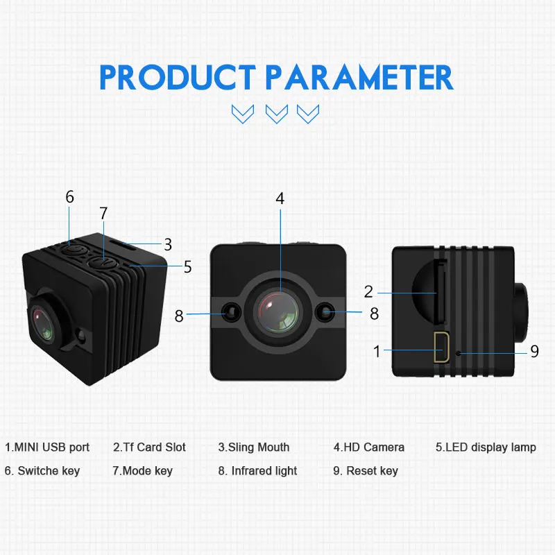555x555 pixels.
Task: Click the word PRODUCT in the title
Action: [x=178, y=78]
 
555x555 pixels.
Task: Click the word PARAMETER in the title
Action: [x=361, y=78]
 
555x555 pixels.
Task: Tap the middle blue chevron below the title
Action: [x=277, y=113]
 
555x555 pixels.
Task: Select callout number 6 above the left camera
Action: [x=69, y=197]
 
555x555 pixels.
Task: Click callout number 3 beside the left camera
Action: [x=168, y=244]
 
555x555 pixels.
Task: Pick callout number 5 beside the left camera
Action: [x=187, y=267]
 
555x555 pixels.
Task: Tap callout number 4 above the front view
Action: [x=280, y=198]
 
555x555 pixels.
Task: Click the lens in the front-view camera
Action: [x=280, y=311]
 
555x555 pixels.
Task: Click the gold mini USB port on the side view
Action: [x=441, y=348]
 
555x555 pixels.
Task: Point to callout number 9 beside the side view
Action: [x=534, y=352]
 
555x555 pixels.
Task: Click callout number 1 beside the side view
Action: [x=377, y=352]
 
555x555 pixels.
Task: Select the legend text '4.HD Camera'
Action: [x=368, y=447]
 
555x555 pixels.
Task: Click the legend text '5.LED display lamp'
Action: [x=486, y=447]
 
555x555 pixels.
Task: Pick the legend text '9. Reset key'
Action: [x=365, y=471]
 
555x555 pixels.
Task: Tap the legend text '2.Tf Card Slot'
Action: [x=149, y=447]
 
